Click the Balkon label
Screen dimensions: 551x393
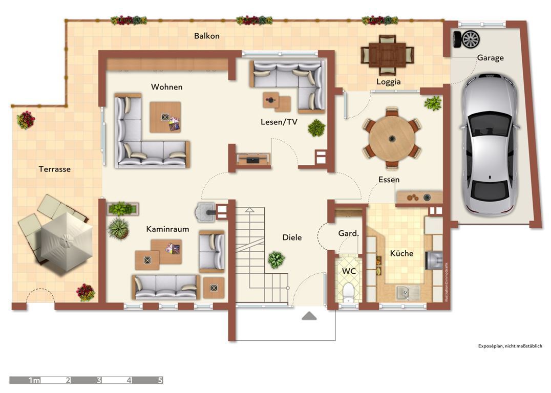point(207,36)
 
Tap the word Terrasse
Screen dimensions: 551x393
point(54,169)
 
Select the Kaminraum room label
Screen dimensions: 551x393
point(167,229)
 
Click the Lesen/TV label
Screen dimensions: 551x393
point(279,122)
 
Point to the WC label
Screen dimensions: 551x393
point(349,271)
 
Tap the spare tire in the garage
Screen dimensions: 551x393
point(467,39)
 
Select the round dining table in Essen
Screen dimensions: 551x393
point(392,138)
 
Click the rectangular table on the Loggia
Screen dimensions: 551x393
point(387,54)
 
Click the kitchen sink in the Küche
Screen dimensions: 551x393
point(408,292)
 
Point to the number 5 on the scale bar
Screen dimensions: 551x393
point(160,380)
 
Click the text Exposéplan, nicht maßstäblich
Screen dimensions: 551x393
point(510,346)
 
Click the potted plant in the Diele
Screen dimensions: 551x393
point(276,260)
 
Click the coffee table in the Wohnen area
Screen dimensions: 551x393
point(165,117)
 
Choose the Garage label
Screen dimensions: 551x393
point(490,58)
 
